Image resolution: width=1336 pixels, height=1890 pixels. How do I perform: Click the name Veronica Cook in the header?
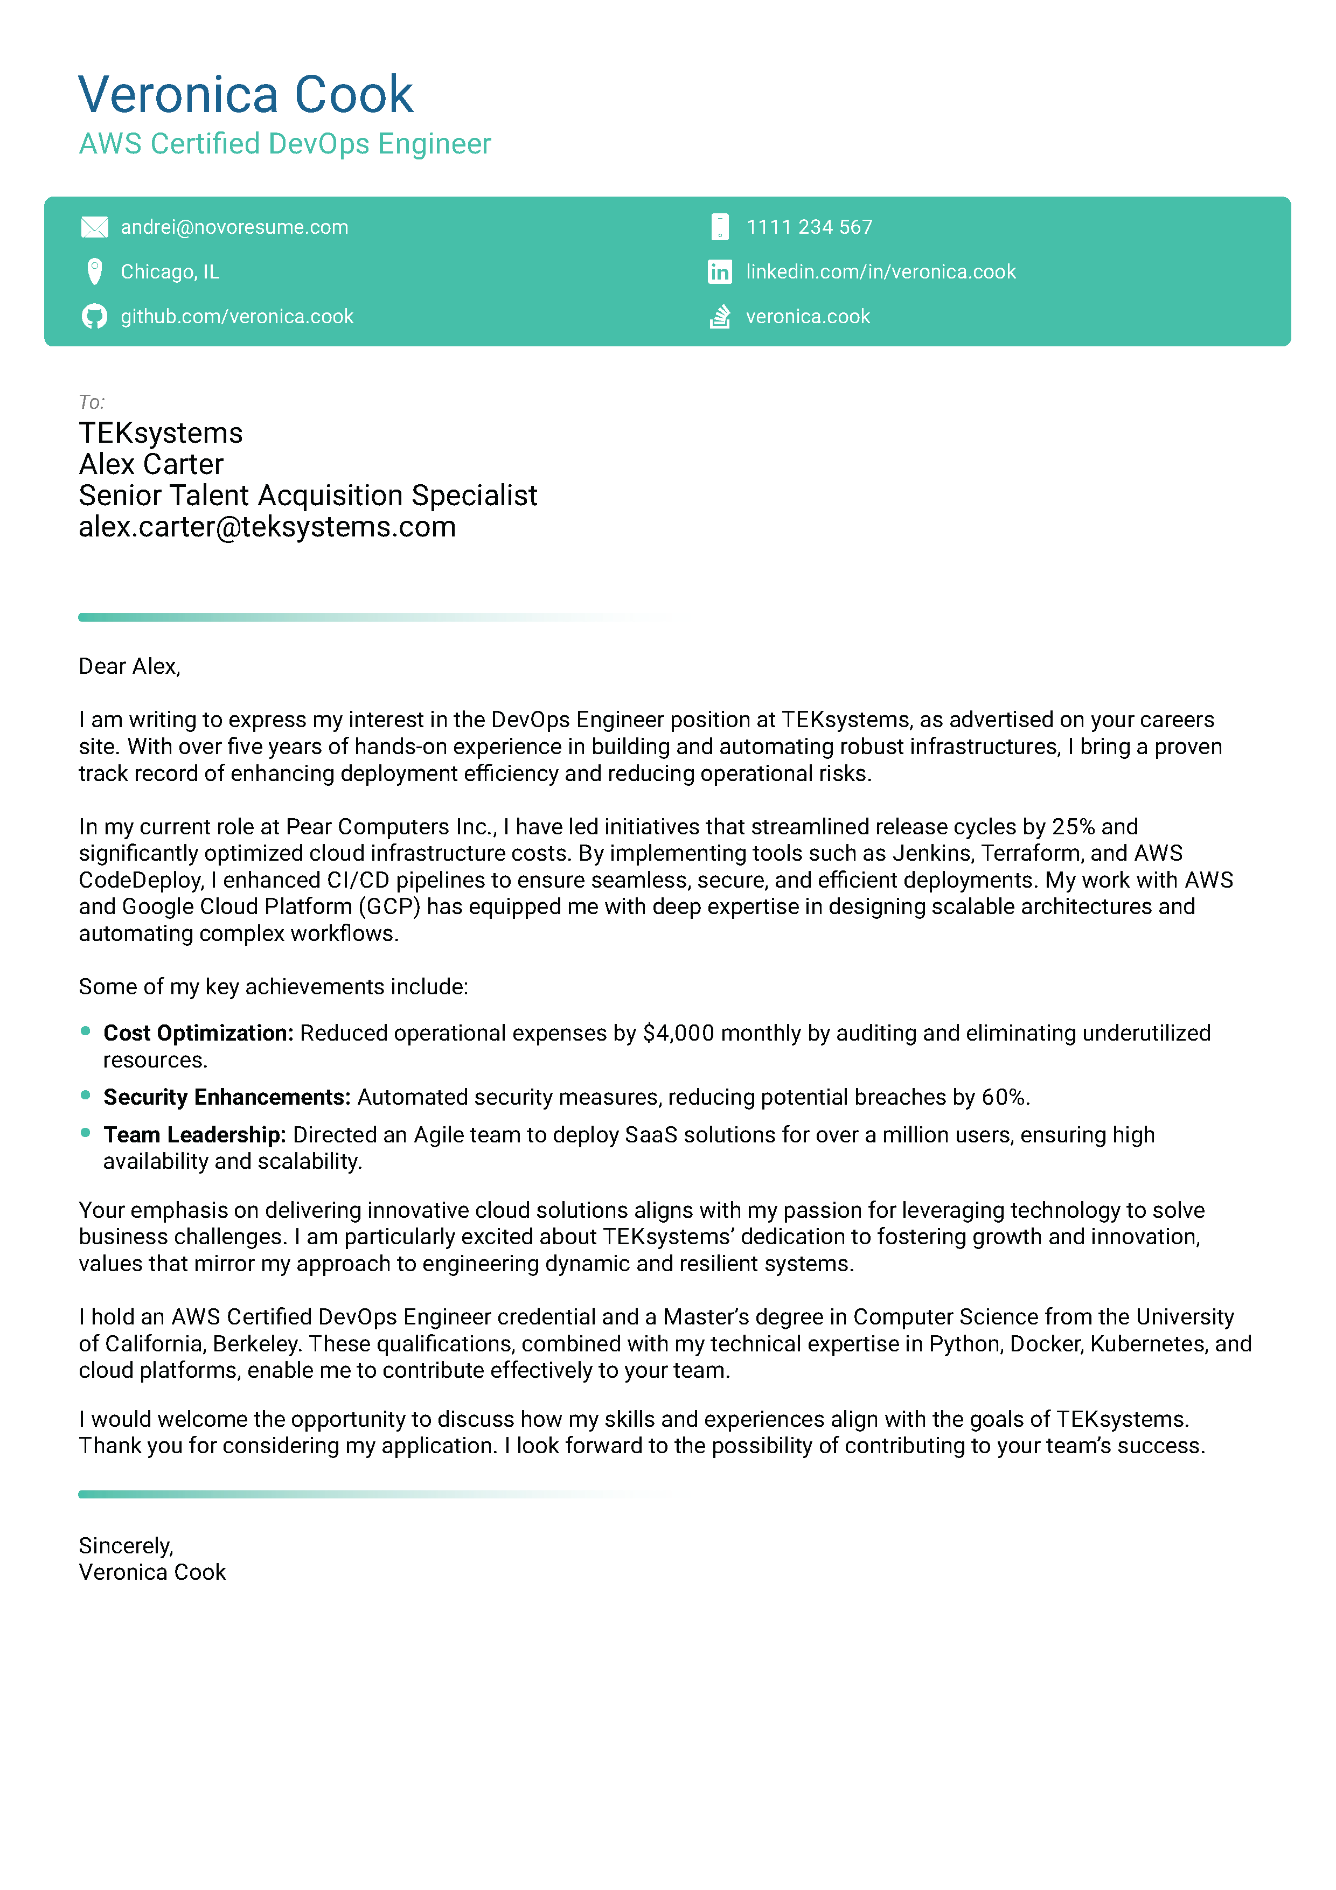pyautogui.click(x=245, y=95)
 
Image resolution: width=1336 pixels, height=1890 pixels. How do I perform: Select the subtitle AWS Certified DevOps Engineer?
pyautogui.click(x=285, y=144)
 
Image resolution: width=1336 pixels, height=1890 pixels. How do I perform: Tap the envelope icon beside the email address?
pyautogui.click(x=95, y=227)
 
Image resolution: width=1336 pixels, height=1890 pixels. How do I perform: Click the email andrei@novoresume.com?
pyautogui.click(x=234, y=227)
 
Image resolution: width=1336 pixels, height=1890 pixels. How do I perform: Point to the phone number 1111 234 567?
pyautogui.click(x=809, y=227)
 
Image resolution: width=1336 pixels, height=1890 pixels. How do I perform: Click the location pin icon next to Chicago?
pyautogui.click(x=95, y=271)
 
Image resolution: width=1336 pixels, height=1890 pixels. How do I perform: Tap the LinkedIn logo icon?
pyautogui.click(x=720, y=271)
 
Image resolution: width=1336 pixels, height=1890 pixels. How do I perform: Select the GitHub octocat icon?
pyautogui.click(x=95, y=316)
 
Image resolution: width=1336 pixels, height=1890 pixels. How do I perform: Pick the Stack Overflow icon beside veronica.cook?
pyautogui.click(x=720, y=316)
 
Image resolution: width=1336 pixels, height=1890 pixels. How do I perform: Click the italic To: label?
pyautogui.click(x=92, y=402)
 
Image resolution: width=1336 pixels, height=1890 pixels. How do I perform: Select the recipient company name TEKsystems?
pyautogui.click(x=161, y=433)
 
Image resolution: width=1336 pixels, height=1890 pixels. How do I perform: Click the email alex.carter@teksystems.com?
pyautogui.click(x=267, y=527)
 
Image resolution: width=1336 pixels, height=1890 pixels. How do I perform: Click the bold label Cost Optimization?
pyautogui.click(x=198, y=1033)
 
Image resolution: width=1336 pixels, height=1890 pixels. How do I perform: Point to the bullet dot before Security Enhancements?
pyautogui.click(x=86, y=1095)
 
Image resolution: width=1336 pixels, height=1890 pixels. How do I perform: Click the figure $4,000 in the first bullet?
pyautogui.click(x=678, y=1033)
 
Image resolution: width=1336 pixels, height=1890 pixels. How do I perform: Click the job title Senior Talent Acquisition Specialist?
pyautogui.click(x=307, y=496)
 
